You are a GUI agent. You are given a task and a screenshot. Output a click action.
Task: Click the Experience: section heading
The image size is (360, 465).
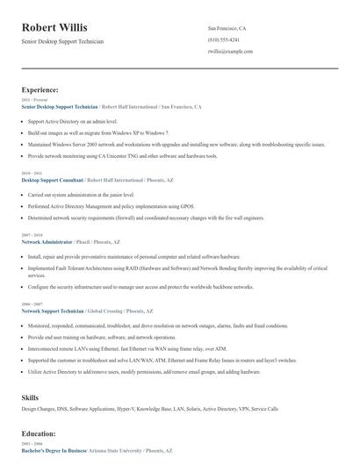click(40, 89)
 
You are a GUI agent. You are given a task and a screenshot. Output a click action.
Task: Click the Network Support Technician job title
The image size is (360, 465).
click(53, 311)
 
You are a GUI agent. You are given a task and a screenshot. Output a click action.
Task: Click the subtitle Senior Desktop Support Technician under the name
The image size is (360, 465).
click(62, 41)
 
